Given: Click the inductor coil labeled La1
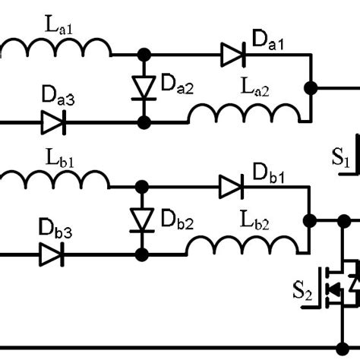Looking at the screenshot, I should pyautogui.click(x=56, y=49).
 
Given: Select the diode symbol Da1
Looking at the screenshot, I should pyautogui.click(x=232, y=55).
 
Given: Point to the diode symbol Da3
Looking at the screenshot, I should pyautogui.click(x=53, y=121).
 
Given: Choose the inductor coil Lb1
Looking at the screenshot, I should pyautogui.click(x=56, y=180).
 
